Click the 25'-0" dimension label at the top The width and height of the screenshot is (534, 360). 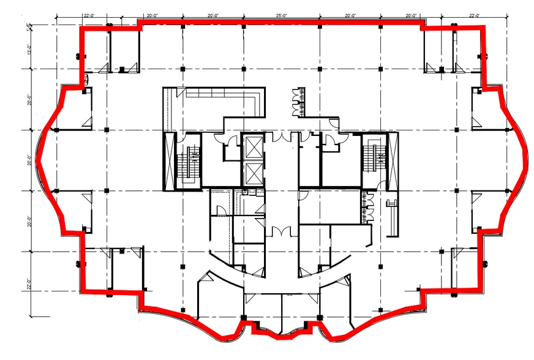point(281,15)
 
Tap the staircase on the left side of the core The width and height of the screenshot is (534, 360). point(189,162)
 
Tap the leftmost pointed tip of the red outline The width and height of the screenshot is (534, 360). point(36,160)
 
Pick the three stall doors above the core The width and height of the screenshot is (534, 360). point(299,100)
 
